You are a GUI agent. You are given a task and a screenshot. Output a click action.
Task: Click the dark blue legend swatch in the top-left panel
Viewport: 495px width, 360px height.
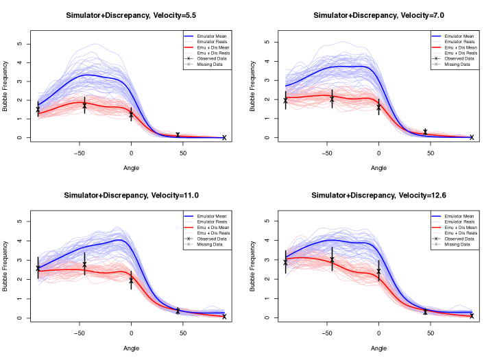tap(189, 36)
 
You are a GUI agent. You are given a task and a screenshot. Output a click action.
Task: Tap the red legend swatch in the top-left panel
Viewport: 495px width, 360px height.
tap(189, 47)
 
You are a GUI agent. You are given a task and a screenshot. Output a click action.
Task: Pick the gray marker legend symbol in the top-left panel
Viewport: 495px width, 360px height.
tap(189, 64)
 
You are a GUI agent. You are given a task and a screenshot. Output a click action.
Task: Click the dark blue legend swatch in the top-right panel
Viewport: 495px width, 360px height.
tap(436, 36)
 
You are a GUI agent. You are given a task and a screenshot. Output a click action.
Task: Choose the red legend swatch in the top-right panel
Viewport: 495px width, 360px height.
tap(436, 47)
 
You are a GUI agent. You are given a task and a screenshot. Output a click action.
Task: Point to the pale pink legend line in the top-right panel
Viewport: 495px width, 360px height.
tap(436, 53)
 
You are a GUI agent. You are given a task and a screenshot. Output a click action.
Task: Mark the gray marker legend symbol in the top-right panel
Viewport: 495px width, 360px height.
tap(436, 64)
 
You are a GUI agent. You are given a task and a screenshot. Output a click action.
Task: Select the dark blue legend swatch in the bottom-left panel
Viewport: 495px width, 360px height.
tap(189, 215)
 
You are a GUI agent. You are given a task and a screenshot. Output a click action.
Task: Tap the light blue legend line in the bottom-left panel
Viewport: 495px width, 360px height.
tap(189, 221)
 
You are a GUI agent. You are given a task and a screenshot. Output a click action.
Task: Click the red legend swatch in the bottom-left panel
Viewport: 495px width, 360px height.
tap(189, 227)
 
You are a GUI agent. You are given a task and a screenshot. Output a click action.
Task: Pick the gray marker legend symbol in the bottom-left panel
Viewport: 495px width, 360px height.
tap(189, 244)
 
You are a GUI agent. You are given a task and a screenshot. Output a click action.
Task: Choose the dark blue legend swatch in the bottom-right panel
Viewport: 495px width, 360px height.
tap(436, 215)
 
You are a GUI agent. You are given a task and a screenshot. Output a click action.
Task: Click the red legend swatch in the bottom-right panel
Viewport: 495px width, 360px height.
tap(436, 227)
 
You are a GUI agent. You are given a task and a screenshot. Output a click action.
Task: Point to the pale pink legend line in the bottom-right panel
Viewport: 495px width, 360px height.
tap(436, 232)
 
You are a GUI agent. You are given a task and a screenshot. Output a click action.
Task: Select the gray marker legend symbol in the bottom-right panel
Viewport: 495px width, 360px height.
tap(436, 244)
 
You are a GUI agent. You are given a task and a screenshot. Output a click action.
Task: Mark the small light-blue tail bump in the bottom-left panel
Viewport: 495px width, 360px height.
tap(211, 307)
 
